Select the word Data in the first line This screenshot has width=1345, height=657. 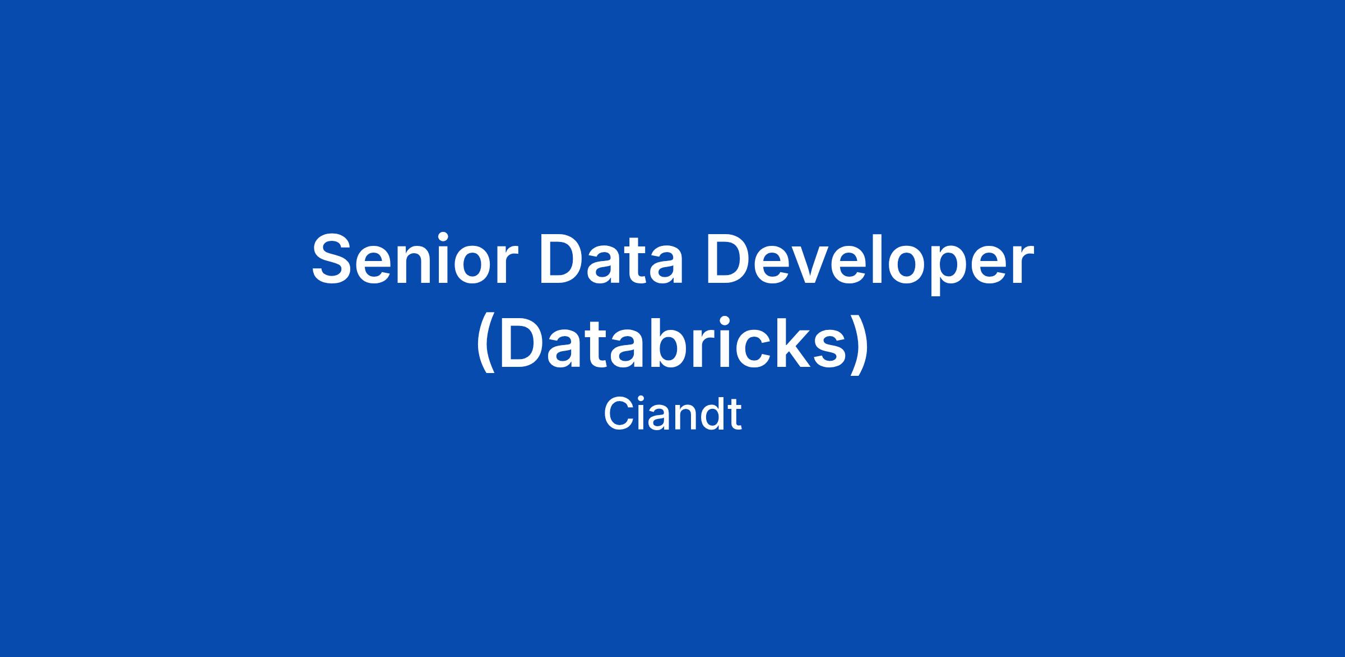pyautogui.click(x=611, y=258)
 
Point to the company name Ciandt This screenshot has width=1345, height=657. pyautogui.click(x=672, y=414)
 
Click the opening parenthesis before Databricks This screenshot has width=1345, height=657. pyautogui.click(x=486, y=343)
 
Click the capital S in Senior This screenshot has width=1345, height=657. pyautogui.click(x=335, y=258)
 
